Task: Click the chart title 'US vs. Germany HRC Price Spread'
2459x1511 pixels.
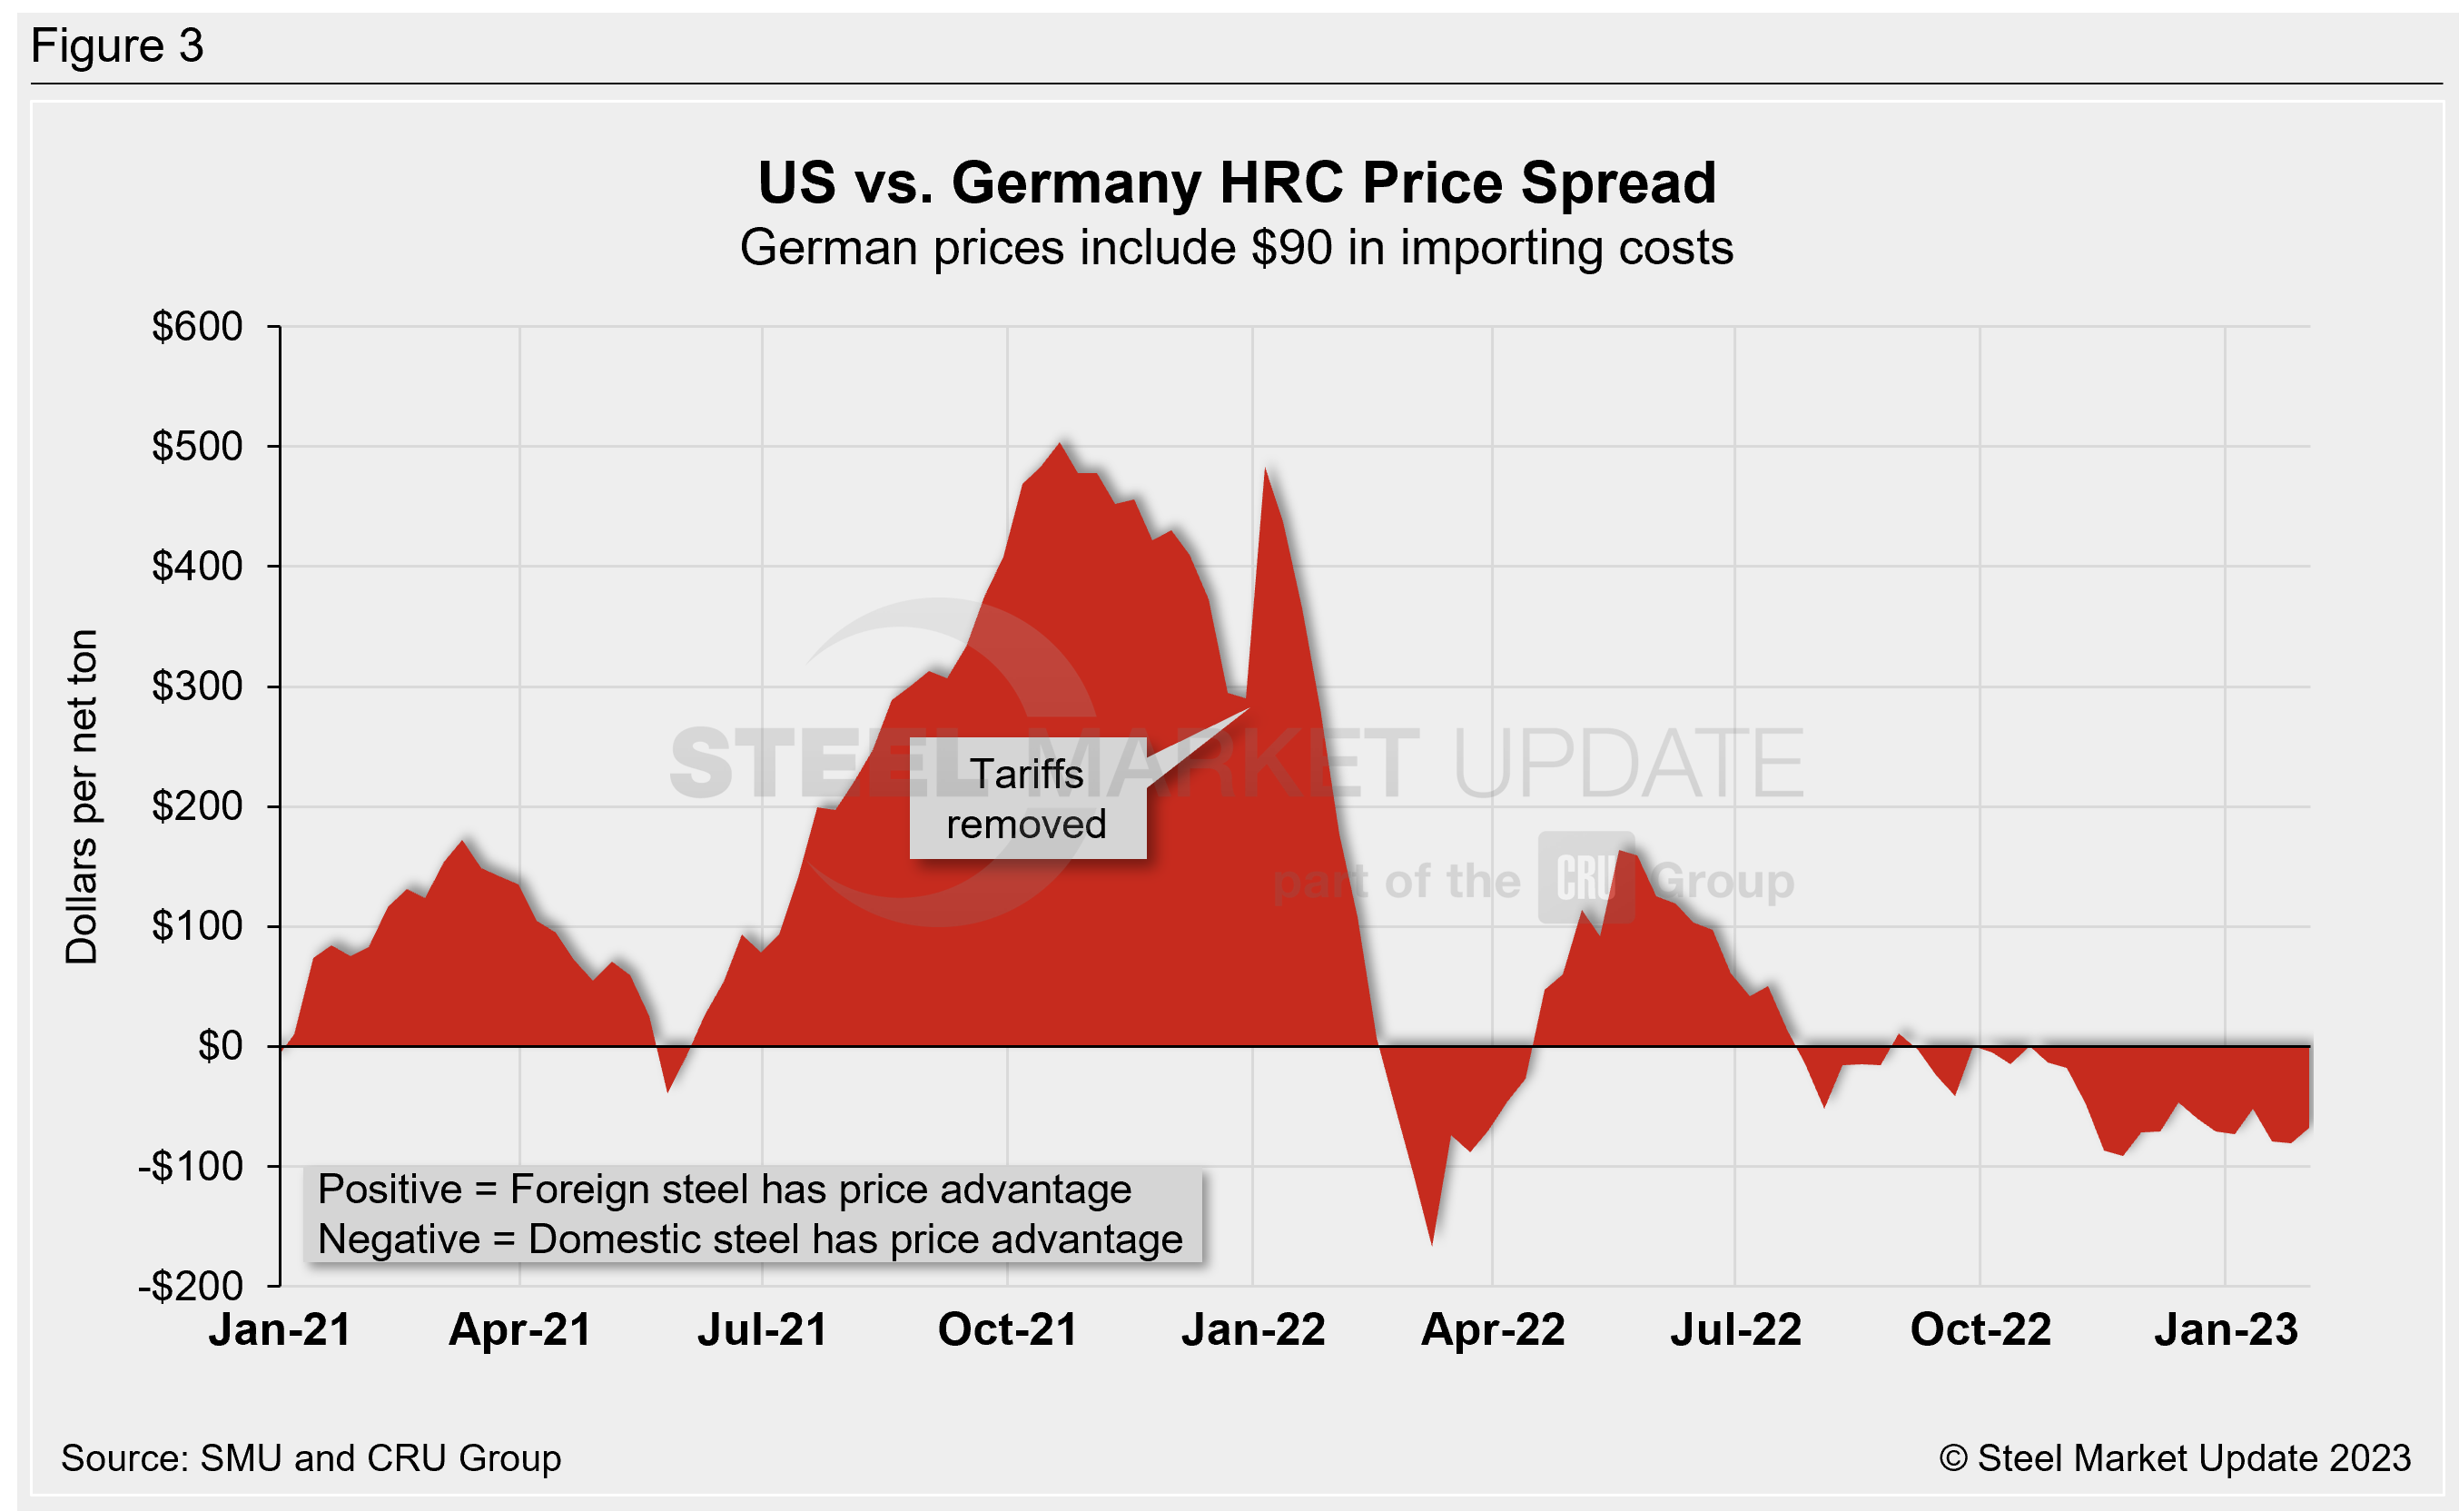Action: tap(1236, 183)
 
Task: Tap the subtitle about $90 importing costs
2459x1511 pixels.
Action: tap(1236, 248)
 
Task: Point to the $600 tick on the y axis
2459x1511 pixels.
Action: tap(197, 327)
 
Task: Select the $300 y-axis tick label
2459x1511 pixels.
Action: tap(197, 686)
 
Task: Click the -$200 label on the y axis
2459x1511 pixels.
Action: tap(191, 1286)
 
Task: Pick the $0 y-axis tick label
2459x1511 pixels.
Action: tap(220, 1046)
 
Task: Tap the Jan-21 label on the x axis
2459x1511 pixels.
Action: tap(280, 1330)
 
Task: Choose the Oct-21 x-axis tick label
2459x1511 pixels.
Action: tap(1007, 1330)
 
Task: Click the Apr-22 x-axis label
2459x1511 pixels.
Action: tap(1493, 1330)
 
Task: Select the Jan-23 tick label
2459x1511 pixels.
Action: tap(2226, 1330)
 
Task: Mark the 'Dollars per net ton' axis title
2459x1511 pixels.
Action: tap(82, 796)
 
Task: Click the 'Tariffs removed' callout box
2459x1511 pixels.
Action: tap(1027, 798)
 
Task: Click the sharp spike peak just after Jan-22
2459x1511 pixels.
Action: tap(1266, 469)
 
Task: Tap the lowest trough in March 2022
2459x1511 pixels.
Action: tap(1432, 1242)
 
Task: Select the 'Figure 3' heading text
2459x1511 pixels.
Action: tap(117, 46)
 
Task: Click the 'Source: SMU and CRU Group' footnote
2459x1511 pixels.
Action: tap(311, 1458)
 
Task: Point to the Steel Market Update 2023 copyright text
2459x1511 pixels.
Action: tap(2174, 1458)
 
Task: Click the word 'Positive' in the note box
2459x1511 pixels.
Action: tap(390, 1190)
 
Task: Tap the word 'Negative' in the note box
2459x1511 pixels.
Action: tap(399, 1239)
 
